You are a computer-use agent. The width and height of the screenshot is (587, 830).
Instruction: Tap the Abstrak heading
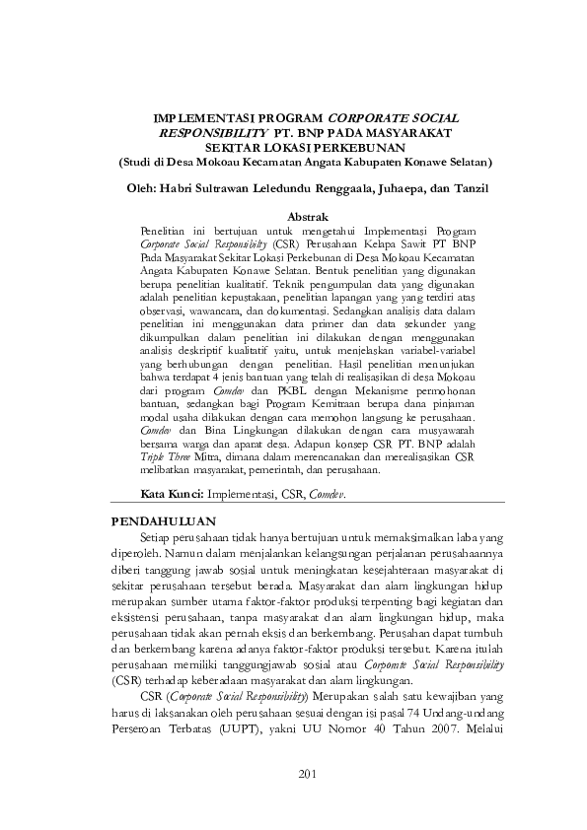coord(308,213)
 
